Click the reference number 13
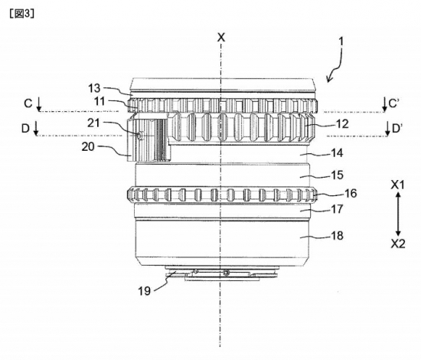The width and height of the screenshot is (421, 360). click(94, 88)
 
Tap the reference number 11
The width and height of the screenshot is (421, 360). click(100, 102)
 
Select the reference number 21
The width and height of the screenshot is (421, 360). click(93, 123)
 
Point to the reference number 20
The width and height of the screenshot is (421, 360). click(88, 147)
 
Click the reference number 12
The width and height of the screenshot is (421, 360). click(342, 124)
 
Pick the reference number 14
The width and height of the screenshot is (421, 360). click(338, 153)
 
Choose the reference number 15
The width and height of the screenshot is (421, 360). click(338, 175)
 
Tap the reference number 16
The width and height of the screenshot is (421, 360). click(351, 193)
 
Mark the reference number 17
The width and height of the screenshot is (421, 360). click(338, 209)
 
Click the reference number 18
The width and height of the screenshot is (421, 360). click(338, 236)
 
